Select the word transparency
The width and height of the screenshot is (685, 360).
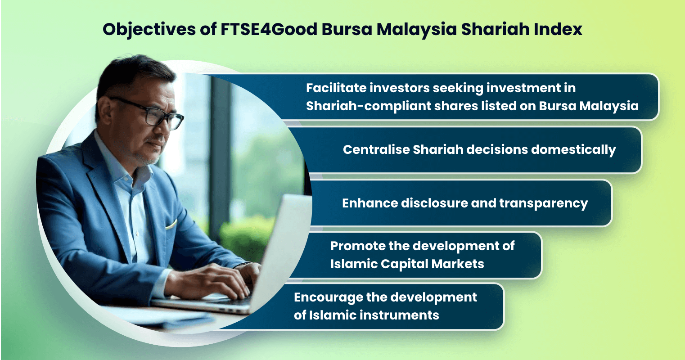543,204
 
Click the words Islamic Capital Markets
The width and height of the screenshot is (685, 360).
407,264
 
